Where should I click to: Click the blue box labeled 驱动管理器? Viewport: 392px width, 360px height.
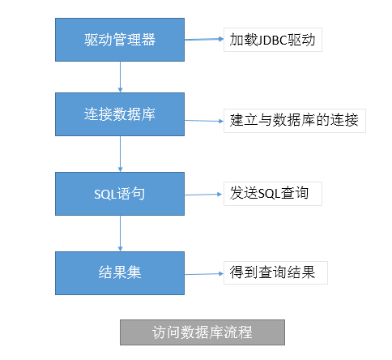120,40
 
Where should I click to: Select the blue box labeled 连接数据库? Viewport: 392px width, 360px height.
120,114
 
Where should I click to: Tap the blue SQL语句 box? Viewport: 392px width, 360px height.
120,194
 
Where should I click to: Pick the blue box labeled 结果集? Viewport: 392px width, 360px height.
120,273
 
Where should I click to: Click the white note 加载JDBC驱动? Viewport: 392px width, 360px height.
273,40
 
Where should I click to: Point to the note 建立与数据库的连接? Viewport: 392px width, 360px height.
295,121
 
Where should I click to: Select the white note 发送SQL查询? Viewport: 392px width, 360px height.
273,194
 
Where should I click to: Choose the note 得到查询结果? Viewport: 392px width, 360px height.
275,272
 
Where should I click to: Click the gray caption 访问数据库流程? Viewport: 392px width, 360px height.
202,332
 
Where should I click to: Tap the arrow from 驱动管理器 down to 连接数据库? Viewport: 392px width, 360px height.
120,77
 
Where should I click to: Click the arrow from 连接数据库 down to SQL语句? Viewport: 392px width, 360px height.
120,154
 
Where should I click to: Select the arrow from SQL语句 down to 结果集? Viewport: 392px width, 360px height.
120,234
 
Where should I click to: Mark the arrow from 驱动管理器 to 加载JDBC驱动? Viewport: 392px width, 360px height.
204,40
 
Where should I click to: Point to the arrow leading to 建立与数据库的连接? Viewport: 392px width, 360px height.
204,121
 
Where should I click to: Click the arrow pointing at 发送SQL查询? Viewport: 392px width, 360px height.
203,195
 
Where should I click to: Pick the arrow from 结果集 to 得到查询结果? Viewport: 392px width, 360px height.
204,274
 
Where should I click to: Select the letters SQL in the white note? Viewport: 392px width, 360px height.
269,194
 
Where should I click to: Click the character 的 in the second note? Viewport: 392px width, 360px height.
323,120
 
